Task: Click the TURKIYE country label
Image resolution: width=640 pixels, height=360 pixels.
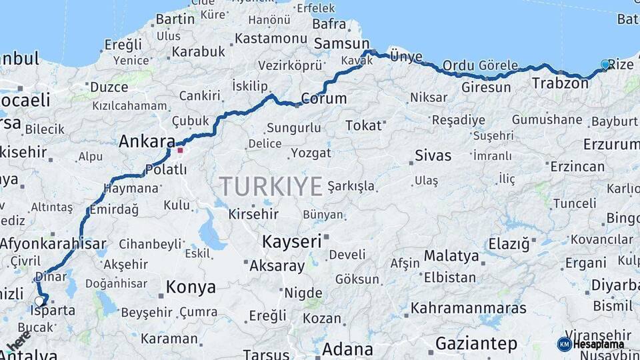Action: [x=271, y=186]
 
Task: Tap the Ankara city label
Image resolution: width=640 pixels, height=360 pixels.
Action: [x=146, y=141]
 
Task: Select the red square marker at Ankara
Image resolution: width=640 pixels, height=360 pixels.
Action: [x=180, y=150]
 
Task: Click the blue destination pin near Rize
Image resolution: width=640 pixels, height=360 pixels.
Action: [x=605, y=65]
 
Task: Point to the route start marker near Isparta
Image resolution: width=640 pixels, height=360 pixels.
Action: [x=39, y=301]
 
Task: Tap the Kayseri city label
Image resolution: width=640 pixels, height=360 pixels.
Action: [x=292, y=241]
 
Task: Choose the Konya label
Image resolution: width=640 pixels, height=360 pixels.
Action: [x=191, y=287]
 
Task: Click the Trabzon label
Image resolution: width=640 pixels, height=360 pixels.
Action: [x=560, y=83]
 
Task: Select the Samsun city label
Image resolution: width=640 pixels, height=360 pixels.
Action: [x=337, y=43]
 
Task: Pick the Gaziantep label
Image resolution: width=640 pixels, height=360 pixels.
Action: [x=476, y=344]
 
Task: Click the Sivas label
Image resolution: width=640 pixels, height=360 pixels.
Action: [x=433, y=156]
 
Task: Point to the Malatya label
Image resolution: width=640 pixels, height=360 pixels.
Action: [x=451, y=256]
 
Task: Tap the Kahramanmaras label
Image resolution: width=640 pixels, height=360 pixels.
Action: [x=468, y=308]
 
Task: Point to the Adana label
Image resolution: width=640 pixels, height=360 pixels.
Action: [x=347, y=349]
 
